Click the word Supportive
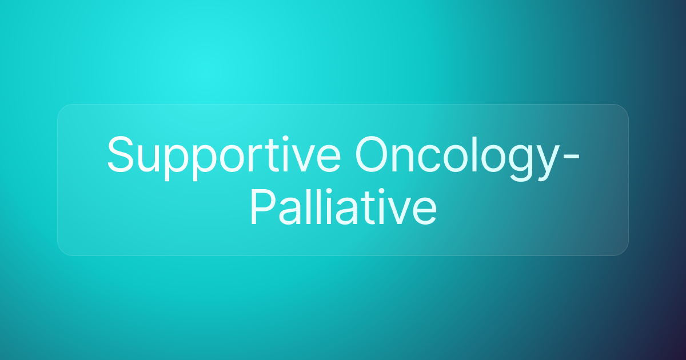(224, 158)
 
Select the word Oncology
(454, 158)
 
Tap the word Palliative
(344, 207)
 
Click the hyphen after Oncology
(571, 157)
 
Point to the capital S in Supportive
(121, 154)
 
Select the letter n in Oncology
(404, 159)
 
